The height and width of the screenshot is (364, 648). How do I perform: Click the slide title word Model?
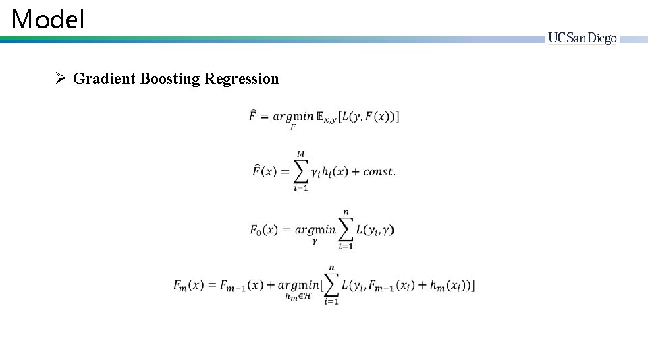tap(48, 20)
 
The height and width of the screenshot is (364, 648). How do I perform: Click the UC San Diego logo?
tap(582, 39)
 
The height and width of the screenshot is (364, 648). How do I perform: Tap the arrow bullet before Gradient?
tap(60, 79)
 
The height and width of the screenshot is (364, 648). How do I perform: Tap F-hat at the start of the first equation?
tap(253, 115)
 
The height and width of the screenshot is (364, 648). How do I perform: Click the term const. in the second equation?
tap(379, 172)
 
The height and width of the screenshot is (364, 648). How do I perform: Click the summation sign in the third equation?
tap(346, 229)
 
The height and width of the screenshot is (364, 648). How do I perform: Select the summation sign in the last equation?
tap(331, 285)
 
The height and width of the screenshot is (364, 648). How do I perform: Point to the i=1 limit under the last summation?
tap(331, 302)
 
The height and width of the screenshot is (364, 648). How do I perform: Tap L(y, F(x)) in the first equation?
tap(371, 117)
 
